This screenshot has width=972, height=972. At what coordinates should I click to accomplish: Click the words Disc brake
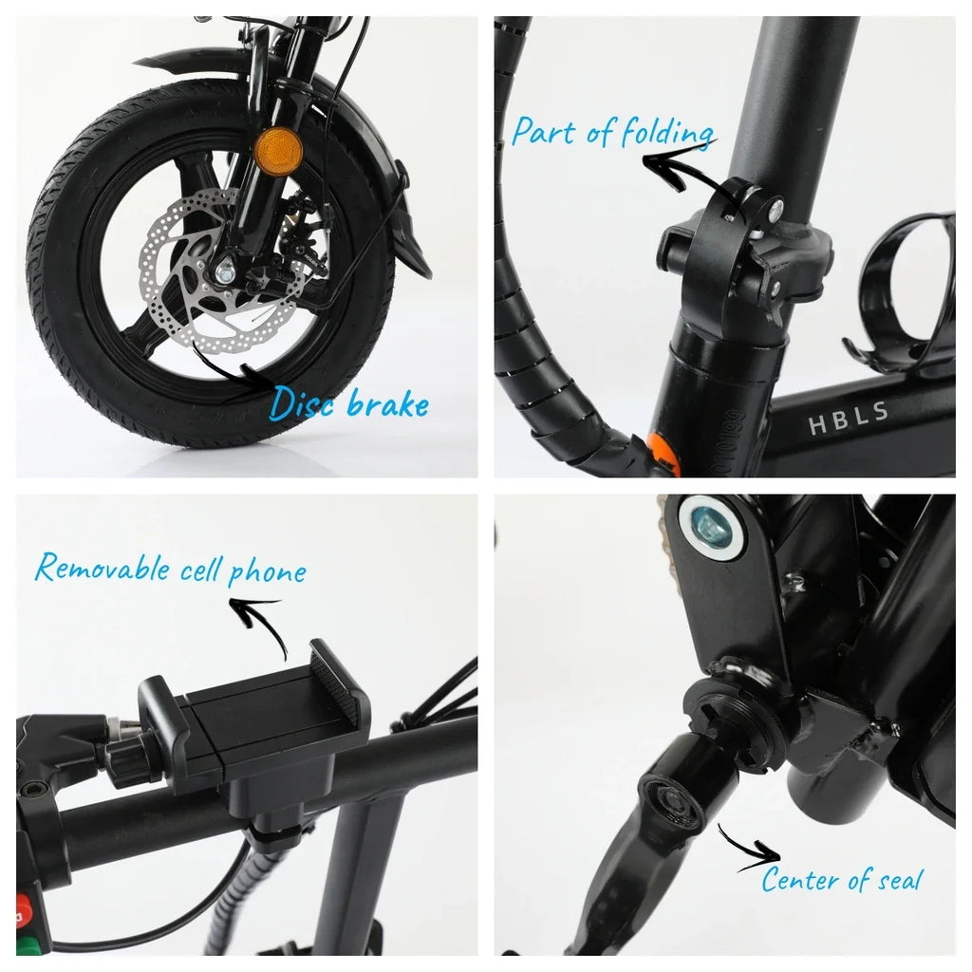tap(348, 402)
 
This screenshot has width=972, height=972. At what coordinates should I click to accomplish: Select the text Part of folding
tap(612, 132)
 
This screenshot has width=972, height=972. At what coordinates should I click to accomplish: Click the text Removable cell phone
tap(171, 569)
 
